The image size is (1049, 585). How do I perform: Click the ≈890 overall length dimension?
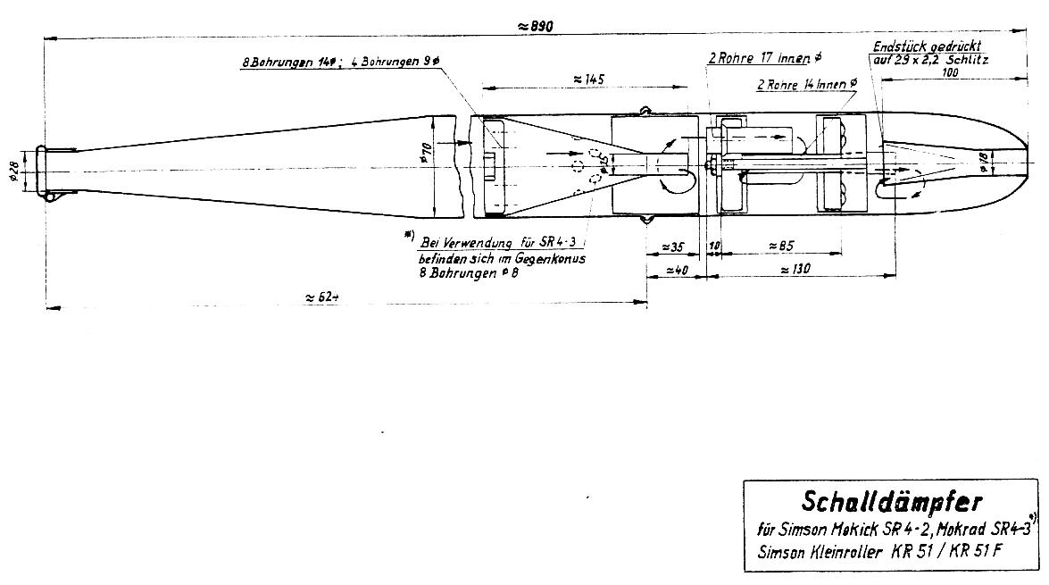click(x=535, y=27)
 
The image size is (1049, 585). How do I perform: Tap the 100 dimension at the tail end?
click(x=950, y=73)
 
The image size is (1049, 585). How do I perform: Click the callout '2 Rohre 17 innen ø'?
click(x=764, y=58)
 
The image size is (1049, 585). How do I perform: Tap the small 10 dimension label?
click(x=714, y=247)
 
